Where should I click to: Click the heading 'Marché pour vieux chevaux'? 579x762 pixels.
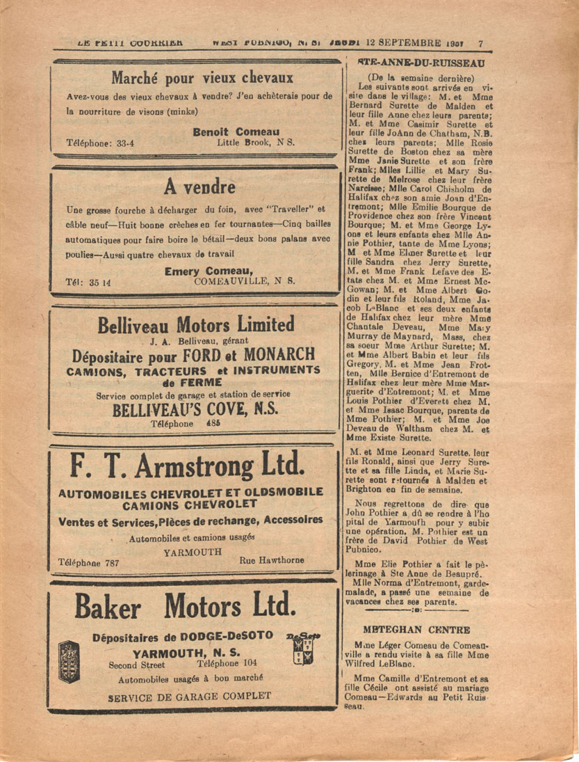pos(193,78)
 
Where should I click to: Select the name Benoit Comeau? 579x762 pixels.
pos(236,132)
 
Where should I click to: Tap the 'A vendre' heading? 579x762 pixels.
pos(199,186)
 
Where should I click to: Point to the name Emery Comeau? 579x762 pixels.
pos(209,271)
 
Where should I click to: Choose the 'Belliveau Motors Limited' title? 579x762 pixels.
pos(196,325)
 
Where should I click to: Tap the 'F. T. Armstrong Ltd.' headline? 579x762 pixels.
pos(188,465)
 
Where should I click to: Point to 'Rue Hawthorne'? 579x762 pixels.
pos(271,559)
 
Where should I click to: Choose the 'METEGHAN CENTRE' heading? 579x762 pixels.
pos(416,630)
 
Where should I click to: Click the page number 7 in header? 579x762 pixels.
pos(480,43)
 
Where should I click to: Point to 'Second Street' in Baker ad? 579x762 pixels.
pos(137,665)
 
